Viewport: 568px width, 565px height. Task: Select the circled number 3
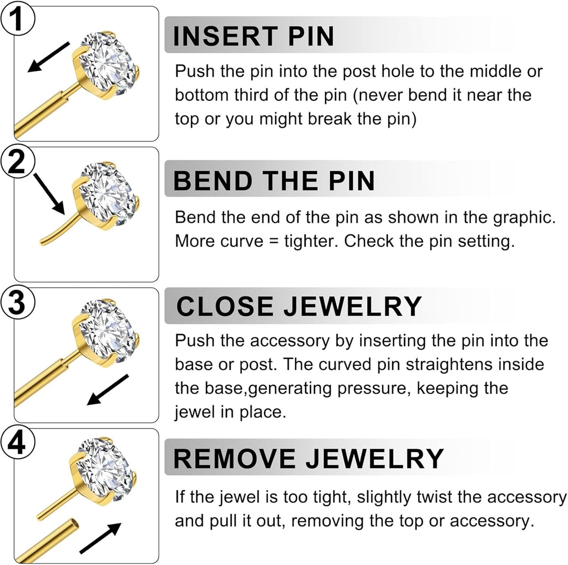(17, 302)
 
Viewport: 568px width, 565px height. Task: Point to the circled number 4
(17, 444)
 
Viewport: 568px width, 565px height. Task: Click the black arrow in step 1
(48, 57)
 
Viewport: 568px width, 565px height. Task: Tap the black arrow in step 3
(108, 390)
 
